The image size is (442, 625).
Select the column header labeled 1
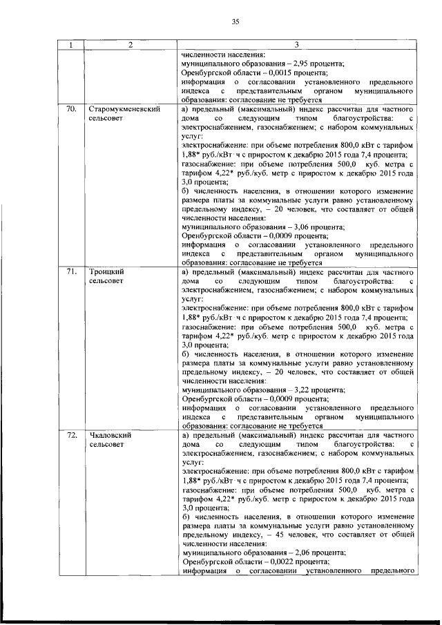pos(70,45)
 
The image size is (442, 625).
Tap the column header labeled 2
pos(131,45)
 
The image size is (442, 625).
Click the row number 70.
pos(70,109)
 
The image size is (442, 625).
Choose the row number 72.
pos(70,436)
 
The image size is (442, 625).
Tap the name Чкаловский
pos(109,436)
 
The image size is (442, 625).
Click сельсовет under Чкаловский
pos(106,445)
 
